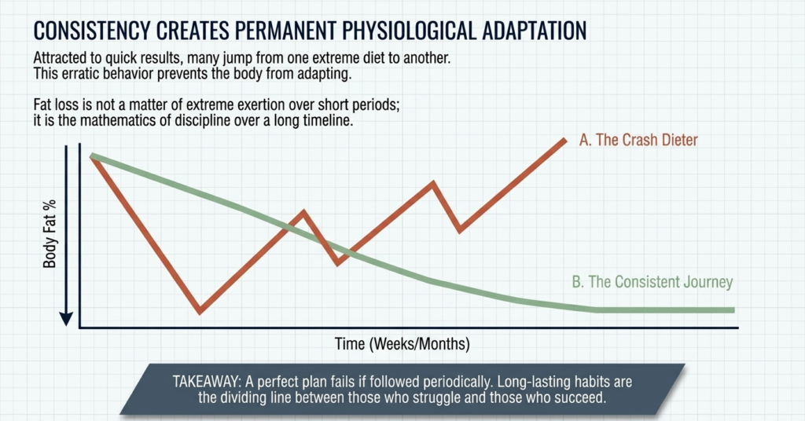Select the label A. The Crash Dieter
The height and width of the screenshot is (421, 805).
tap(638, 140)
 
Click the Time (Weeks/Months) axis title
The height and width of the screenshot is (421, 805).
tap(402, 344)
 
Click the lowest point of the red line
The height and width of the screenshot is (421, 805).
tap(200, 311)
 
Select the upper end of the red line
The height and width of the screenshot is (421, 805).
tap(564, 140)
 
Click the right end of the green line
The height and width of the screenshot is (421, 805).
tap(733, 310)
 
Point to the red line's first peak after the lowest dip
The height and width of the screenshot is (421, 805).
tap(303, 212)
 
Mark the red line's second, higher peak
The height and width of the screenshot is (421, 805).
tap(433, 183)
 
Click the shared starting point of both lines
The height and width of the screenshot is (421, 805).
tap(93, 156)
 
